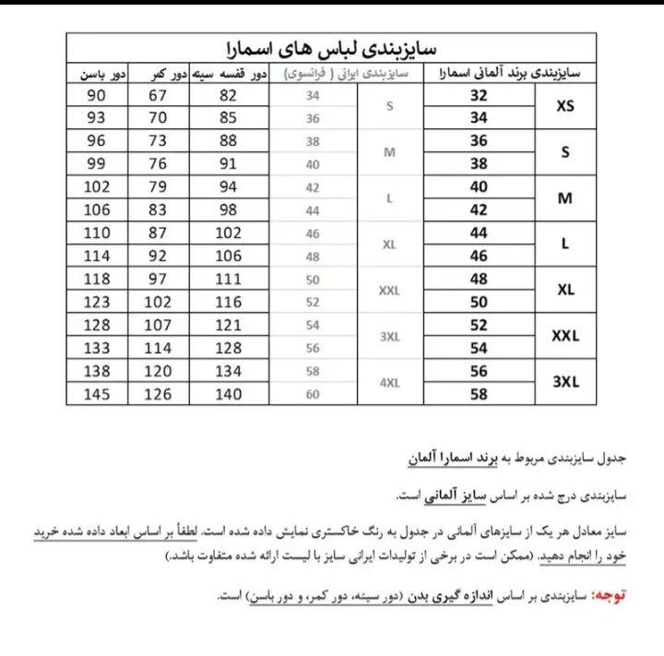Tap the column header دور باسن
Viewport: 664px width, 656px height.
tap(97, 73)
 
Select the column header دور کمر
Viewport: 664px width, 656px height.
tap(159, 73)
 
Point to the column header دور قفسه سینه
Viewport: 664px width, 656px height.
tap(229, 73)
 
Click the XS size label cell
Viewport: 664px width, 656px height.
tap(565, 106)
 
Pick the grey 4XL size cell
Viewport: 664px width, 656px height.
tap(389, 383)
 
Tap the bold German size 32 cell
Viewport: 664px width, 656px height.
tap(479, 95)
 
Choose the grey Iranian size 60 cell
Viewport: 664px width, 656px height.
tap(313, 394)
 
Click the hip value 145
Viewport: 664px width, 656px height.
tap(97, 394)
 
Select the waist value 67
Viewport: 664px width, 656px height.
tap(158, 95)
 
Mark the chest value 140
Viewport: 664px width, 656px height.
tap(229, 394)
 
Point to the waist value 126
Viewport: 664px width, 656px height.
tap(158, 394)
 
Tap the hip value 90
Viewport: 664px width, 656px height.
tap(97, 95)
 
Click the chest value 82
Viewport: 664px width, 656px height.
tap(229, 95)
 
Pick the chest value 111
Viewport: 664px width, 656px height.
tap(229, 279)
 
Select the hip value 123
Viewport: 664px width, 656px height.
tap(97, 302)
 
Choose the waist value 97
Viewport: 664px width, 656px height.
tap(158, 279)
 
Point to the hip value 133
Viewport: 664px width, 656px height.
tap(97, 348)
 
